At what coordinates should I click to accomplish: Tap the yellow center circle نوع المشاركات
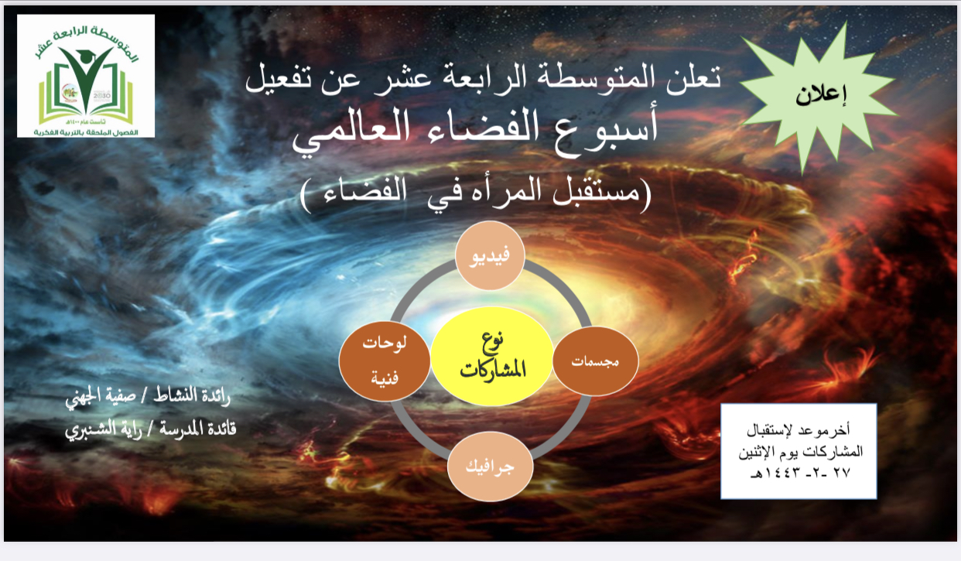491,357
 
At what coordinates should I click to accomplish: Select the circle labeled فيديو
490,255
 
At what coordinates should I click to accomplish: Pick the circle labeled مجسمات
596,361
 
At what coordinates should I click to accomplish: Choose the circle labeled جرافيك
490,467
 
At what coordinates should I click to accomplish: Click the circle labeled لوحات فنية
385,361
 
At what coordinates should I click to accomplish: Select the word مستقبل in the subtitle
599,192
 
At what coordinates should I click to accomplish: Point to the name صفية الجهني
101,396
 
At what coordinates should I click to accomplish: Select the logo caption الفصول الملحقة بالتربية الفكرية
86,132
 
